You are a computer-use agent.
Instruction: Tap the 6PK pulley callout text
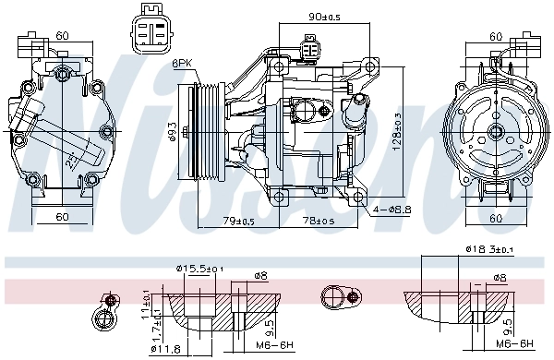coord(182,64)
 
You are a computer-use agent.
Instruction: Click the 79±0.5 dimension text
coord(238,222)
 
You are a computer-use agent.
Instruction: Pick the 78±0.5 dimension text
coord(319,222)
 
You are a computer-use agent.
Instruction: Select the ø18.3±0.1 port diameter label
coord(488,249)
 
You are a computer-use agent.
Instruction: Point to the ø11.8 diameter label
coord(165,348)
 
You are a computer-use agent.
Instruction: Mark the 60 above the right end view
coord(496,36)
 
